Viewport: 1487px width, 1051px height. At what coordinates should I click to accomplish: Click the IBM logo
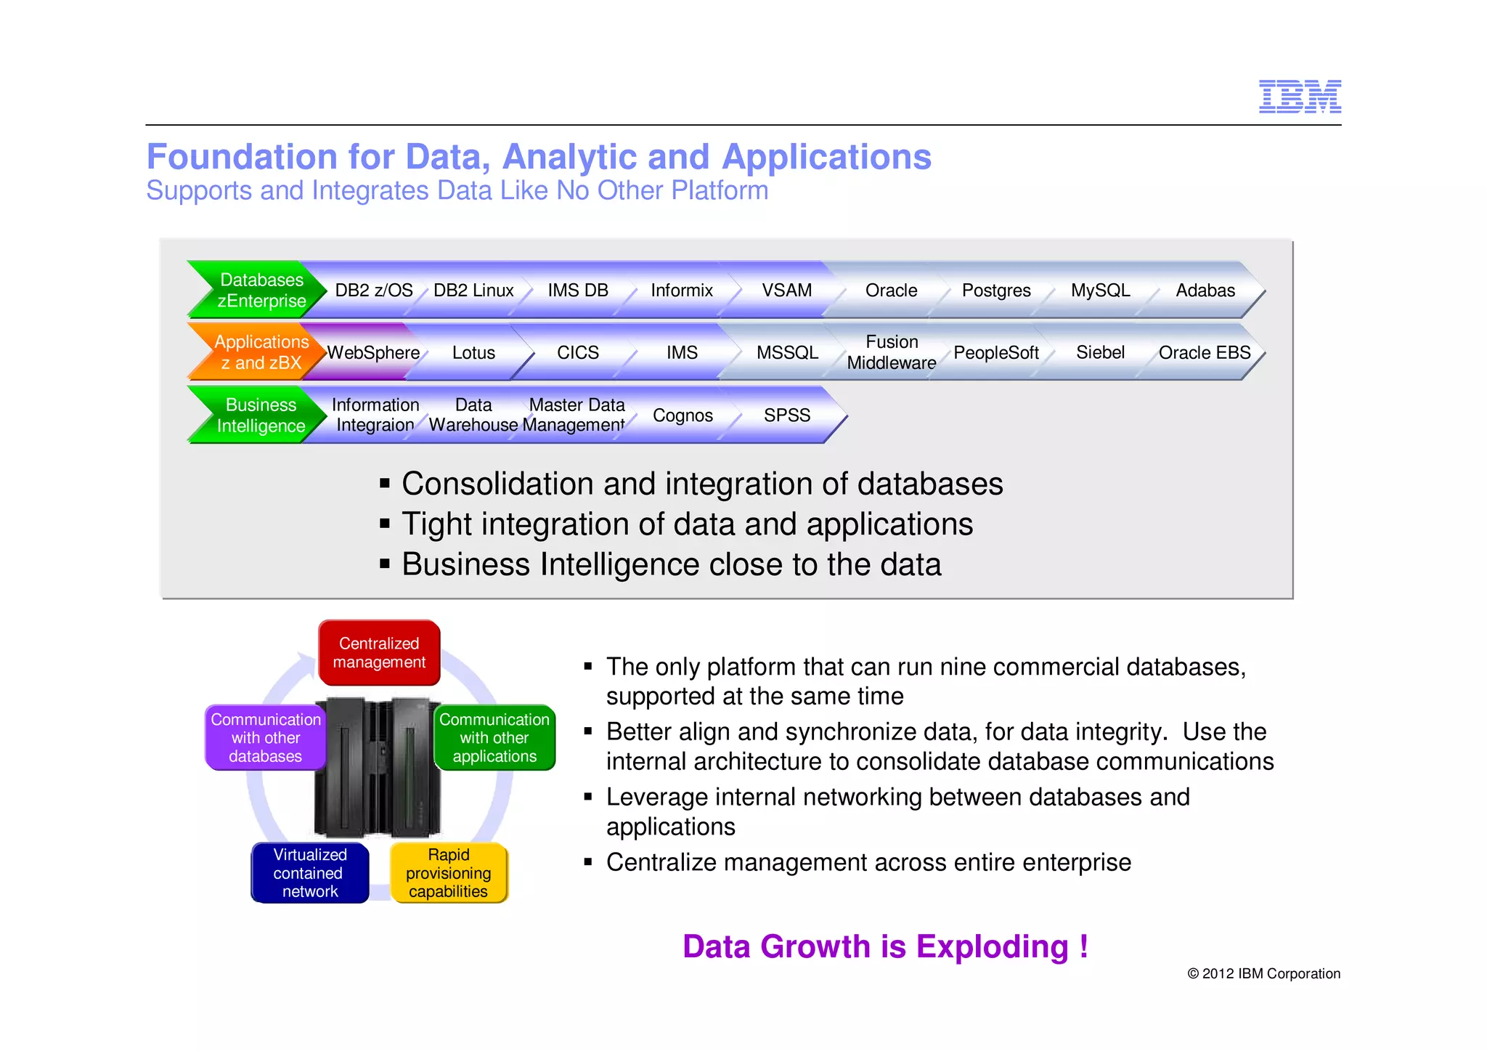click(1299, 97)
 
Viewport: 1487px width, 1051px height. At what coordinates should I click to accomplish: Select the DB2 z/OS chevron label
click(373, 291)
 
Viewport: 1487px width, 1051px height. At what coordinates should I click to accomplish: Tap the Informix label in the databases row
click(681, 291)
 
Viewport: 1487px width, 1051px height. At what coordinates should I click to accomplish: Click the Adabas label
click(1205, 291)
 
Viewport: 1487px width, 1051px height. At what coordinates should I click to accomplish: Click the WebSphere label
click(373, 353)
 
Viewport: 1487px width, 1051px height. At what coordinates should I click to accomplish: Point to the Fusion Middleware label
click(891, 352)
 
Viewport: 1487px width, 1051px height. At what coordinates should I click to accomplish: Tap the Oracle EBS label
click(1204, 353)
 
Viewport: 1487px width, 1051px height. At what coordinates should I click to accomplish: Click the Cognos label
click(683, 415)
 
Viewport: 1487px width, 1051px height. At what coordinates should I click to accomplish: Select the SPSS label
click(786, 415)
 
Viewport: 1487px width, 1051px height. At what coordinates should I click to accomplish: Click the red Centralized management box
click(379, 652)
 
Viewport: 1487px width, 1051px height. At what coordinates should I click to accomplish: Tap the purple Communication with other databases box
click(266, 737)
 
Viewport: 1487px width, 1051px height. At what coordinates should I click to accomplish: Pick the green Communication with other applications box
click(494, 737)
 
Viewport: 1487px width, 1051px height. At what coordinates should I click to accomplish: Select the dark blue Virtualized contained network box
click(310, 872)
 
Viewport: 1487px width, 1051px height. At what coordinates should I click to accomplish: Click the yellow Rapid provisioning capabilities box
click(449, 872)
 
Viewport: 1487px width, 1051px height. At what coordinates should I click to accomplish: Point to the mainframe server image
click(378, 766)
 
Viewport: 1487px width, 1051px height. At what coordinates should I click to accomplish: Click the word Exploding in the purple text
click(992, 946)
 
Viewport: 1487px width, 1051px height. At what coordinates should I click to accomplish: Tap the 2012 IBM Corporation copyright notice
click(1263, 973)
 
